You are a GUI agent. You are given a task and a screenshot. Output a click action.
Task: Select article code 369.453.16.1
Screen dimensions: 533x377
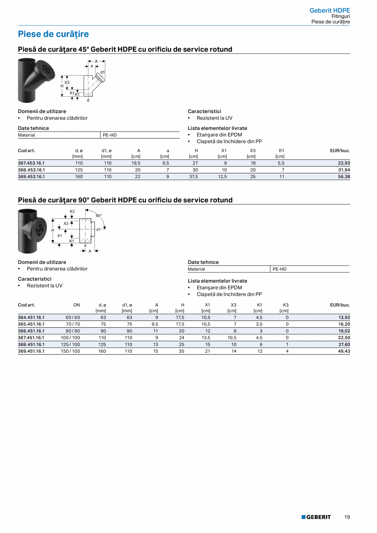[32, 177]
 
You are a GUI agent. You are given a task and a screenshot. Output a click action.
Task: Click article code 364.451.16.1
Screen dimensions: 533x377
[32, 318]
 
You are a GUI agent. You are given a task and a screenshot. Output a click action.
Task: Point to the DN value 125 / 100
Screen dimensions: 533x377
[70, 345]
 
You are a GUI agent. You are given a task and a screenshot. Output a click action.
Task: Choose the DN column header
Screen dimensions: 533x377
[77, 305]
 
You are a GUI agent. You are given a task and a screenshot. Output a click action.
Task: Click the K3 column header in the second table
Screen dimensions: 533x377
[286, 305]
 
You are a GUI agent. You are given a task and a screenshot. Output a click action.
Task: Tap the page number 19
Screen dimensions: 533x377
[347, 517]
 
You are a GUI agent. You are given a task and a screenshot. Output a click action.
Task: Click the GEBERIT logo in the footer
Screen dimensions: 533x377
[316, 517]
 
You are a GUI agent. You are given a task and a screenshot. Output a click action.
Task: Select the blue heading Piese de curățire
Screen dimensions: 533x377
[53, 34]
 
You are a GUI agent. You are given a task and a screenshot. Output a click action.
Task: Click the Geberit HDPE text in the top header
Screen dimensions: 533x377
[329, 10]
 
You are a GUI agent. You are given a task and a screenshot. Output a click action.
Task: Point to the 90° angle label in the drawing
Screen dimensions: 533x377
[98, 215]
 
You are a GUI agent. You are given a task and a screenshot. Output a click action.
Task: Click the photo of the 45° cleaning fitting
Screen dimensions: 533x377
[36, 80]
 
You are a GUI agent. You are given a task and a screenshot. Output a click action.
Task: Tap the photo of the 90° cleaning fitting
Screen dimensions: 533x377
[33, 231]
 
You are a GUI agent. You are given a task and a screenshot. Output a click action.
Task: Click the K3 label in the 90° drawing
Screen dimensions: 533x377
[72, 211]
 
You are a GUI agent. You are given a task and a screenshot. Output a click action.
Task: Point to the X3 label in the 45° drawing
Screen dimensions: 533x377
[67, 83]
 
